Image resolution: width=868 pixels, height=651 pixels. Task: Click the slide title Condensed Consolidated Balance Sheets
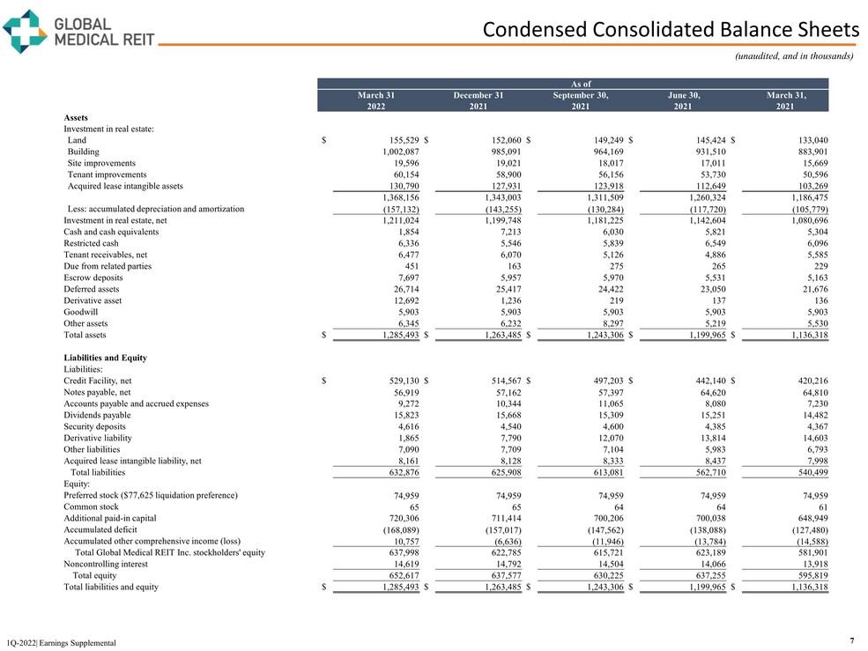[x=671, y=30]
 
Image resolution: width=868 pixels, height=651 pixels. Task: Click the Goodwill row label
[x=80, y=312]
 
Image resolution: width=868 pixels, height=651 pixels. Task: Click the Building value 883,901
[x=807, y=152]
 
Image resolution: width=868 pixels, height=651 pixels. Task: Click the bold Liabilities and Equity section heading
[x=105, y=358]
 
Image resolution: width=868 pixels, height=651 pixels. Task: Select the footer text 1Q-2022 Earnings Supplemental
[x=60, y=643]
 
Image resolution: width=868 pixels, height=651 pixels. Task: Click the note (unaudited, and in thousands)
[x=794, y=55]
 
